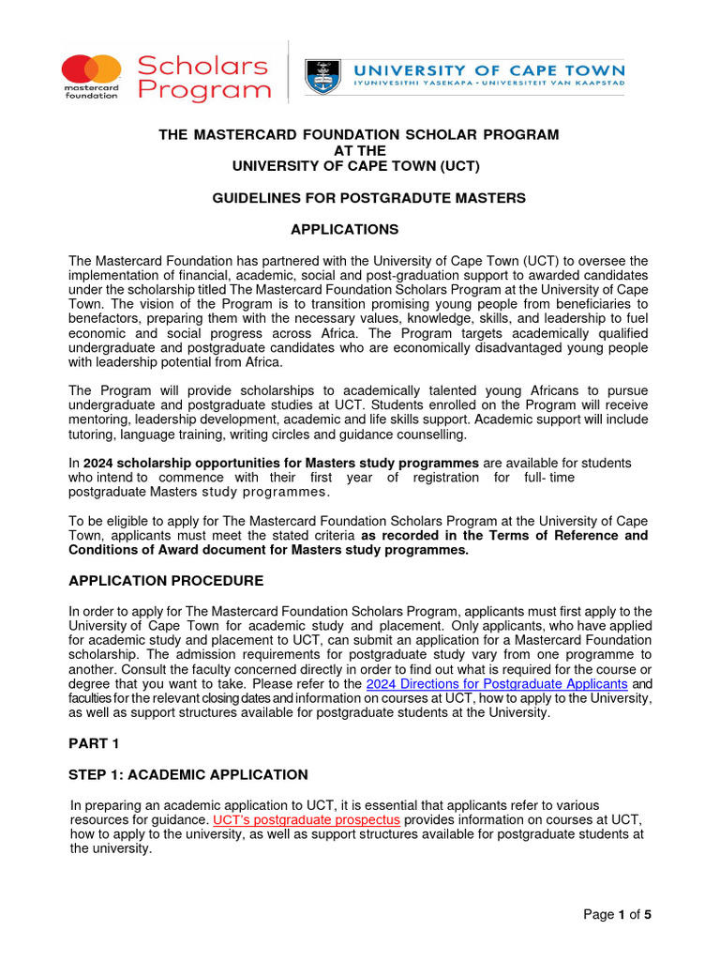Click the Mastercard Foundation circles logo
[x=92, y=69]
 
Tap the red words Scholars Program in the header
[x=202, y=79]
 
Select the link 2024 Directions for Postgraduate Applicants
[x=496, y=684]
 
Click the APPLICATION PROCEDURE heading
[x=166, y=581]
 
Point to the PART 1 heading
[x=96, y=743]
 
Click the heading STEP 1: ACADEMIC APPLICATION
[x=187, y=774]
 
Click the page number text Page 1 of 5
[x=617, y=914]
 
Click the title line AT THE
[x=359, y=150]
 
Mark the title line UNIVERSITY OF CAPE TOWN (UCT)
[x=359, y=166]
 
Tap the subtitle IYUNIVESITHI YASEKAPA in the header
[x=417, y=84]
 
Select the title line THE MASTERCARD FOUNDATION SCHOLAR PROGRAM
[x=359, y=134]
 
